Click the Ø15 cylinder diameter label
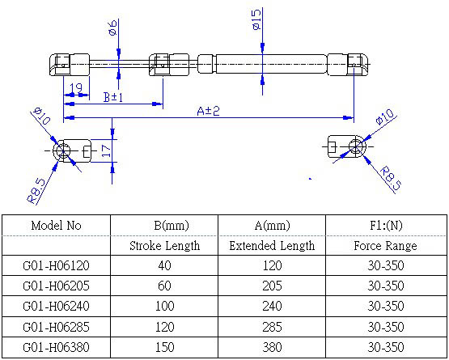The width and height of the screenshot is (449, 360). point(256,20)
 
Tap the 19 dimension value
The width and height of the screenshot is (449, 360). point(76,87)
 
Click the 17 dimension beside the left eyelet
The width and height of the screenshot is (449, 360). point(105,150)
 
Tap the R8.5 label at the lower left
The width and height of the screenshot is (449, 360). point(36,188)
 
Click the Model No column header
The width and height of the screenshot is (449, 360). point(56,226)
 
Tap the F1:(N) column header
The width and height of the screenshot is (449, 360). point(385,226)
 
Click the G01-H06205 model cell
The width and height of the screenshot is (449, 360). point(56,286)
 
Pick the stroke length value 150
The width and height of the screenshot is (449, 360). point(164,348)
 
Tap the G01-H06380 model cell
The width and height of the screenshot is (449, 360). point(56,348)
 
